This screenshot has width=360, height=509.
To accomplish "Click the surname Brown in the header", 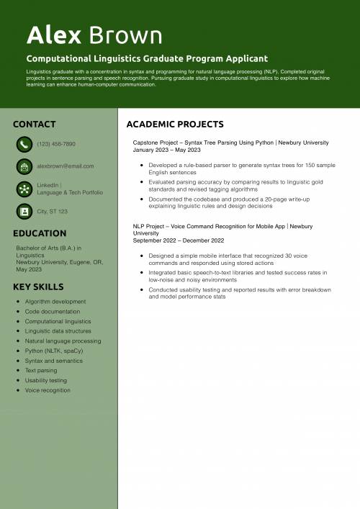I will (x=125, y=35).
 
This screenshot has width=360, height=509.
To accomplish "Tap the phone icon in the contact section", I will (x=24, y=144).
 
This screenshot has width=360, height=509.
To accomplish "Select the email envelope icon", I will (x=24, y=166).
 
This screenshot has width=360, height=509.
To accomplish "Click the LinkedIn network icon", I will (x=24, y=189).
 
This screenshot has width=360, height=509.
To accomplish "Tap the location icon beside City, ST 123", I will (x=24, y=212).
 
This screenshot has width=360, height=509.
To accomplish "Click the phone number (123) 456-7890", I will (x=56, y=144).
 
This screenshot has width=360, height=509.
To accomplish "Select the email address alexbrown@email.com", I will (x=66, y=166).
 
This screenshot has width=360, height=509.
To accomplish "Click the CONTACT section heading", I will (x=34, y=125).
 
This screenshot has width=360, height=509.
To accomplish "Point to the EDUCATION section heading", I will (x=40, y=233).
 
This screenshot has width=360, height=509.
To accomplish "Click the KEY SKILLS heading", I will (x=38, y=287).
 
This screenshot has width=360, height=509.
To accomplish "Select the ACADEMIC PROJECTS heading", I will (x=175, y=125).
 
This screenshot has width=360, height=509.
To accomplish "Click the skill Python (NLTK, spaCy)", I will (x=54, y=351).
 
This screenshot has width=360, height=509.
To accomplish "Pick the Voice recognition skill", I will (x=48, y=390).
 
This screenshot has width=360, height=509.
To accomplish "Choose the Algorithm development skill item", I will (x=55, y=302).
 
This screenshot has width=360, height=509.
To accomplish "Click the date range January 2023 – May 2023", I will (x=167, y=150).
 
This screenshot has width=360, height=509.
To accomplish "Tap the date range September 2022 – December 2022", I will (x=179, y=240).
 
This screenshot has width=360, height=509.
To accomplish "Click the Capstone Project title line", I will (x=230, y=143).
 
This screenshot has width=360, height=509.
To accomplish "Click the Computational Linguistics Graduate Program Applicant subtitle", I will (x=147, y=58).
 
